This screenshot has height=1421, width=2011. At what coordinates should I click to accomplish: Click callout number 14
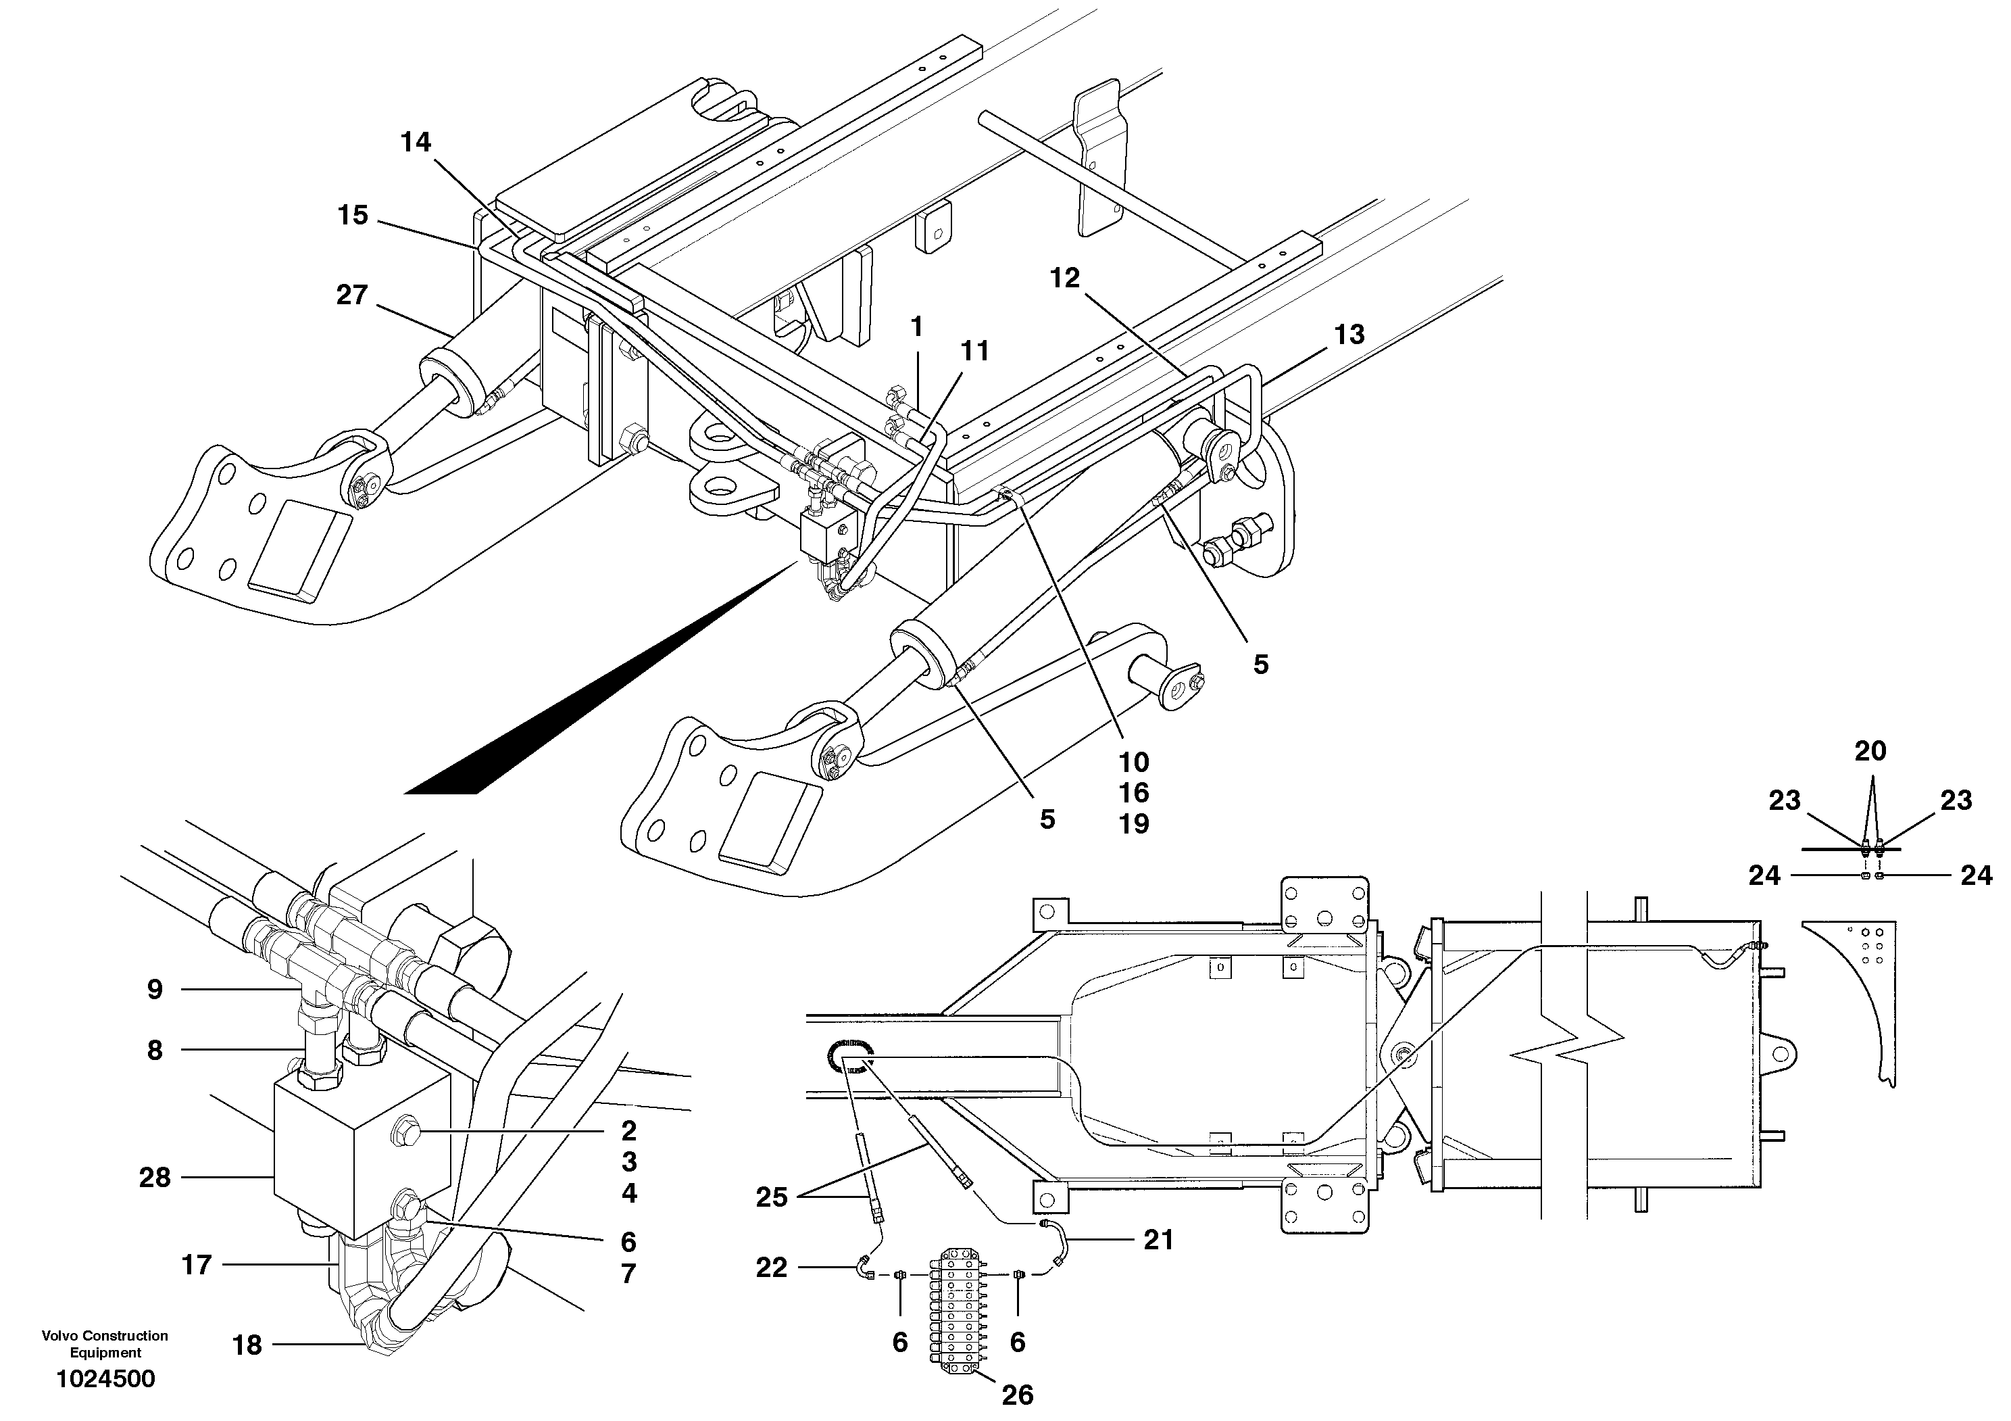[x=416, y=142]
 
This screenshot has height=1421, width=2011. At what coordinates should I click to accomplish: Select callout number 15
[x=353, y=216]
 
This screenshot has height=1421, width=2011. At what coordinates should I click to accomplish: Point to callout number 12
[x=1065, y=279]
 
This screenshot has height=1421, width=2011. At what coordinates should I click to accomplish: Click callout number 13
[x=1349, y=335]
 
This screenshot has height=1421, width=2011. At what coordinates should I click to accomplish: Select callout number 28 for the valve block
[x=154, y=1178]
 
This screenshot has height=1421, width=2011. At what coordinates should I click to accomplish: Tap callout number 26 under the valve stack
[x=1017, y=1395]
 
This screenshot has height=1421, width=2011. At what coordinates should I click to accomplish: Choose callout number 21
[x=1158, y=1240]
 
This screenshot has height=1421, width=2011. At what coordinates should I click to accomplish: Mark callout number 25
[x=771, y=1197]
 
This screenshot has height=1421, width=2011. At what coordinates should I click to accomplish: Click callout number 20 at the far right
[x=1870, y=751]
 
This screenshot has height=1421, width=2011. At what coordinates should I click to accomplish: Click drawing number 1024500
[x=105, y=1379]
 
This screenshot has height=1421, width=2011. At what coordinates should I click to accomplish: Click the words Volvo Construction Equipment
[x=105, y=1344]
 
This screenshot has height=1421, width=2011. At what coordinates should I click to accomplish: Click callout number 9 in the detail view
[x=154, y=990]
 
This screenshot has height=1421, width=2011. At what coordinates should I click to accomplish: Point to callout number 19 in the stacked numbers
[x=1133, y=823]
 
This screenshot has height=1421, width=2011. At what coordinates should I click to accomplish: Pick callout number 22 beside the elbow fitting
[x=771, y=1268]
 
